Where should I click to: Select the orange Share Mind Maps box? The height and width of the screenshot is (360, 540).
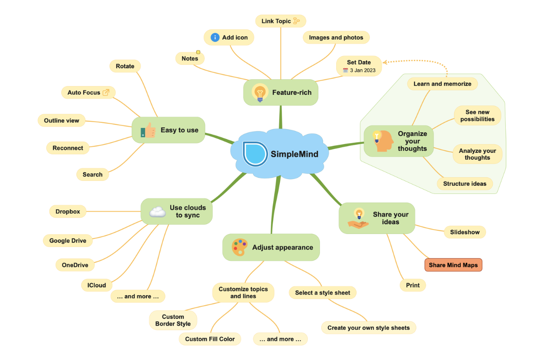453,265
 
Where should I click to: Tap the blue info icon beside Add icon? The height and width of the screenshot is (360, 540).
215,37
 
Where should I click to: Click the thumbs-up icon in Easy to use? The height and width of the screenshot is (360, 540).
148,130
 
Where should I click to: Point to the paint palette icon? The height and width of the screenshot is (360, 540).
239,247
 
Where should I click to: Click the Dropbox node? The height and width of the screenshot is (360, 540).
67,211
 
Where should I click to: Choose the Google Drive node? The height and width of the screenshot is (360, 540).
67,241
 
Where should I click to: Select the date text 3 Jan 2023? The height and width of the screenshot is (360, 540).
362,70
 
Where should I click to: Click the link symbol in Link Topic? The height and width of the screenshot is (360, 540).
296,21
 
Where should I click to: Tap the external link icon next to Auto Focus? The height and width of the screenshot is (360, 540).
106,92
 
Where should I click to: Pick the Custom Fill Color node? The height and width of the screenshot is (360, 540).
210,339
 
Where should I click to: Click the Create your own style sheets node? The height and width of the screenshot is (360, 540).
368,328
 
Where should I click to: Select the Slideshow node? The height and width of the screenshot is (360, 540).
464,232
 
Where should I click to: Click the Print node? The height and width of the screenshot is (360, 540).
413,285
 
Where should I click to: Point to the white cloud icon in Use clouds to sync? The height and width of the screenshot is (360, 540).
157,211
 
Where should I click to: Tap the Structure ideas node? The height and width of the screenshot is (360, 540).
464,184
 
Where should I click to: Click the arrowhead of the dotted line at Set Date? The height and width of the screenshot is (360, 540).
385,62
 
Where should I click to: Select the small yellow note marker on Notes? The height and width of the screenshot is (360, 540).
198,52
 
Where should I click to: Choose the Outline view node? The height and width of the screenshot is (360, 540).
62,121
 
